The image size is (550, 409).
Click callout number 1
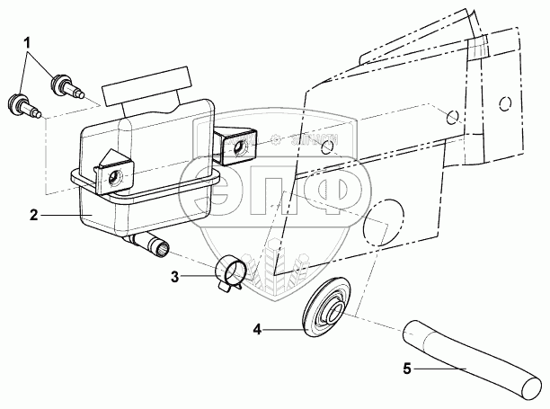pyautogui.click(x=29, y=41)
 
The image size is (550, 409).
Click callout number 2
pyautogui.click(x=33, y=216)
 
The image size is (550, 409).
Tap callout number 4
pyautogui.click(x=257, y=331)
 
